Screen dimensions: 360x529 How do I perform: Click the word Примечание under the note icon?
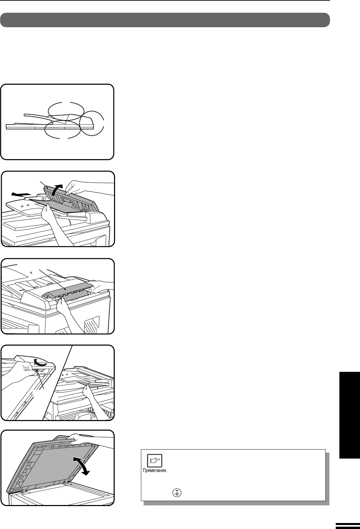point(155,470)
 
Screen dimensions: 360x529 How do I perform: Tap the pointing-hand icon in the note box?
point(155,460)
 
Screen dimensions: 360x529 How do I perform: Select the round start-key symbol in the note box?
point(177,493)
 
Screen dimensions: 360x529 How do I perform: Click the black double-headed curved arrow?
point(81,466)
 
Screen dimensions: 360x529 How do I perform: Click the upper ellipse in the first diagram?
point(66,111)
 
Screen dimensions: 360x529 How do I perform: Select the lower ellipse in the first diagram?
point(62,129)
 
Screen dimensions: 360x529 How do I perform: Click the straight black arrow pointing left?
point(21,194)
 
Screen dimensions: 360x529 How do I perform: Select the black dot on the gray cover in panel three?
point(65,288)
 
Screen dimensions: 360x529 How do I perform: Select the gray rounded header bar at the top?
point(165,20)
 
